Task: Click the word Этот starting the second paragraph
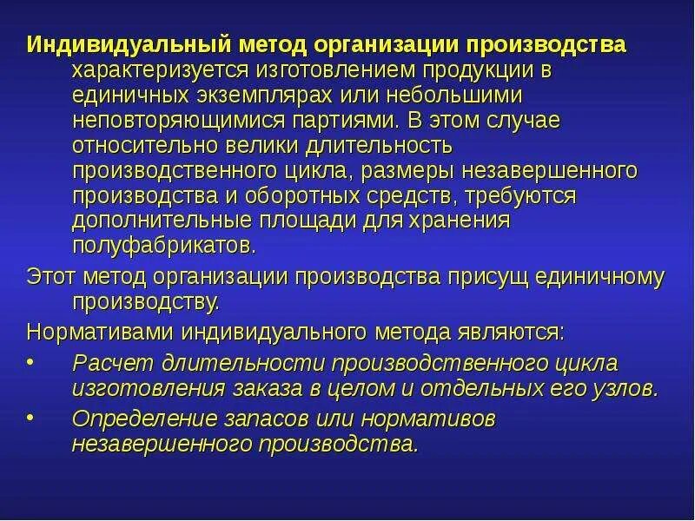pos(49,277)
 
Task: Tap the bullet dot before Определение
pos(30,416)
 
